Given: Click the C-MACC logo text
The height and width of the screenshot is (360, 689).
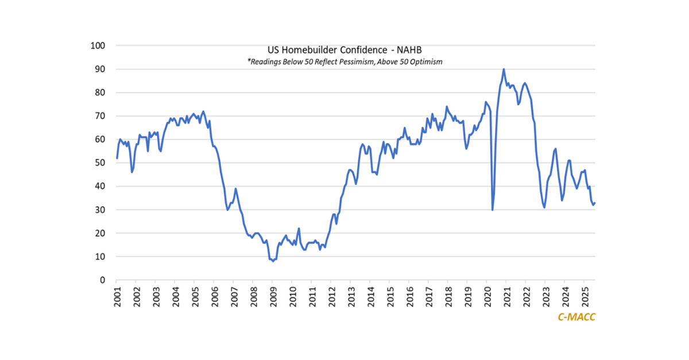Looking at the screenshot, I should tap(576, 316).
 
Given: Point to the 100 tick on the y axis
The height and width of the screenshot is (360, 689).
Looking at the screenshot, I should tap(98, 45).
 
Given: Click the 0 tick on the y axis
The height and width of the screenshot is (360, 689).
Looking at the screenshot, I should tap(103, 280).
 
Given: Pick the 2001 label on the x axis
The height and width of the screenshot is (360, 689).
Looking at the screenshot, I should tap(117, 295).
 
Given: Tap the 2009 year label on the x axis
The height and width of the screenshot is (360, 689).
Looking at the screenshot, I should tap(273, 295).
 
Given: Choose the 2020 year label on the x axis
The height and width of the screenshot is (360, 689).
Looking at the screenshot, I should tap(487, 295).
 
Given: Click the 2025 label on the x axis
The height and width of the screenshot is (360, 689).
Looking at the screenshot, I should tap(584, 295).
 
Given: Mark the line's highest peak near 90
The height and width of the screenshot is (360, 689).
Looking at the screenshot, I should tap(504, 69).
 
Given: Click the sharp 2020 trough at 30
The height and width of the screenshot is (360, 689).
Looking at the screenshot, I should tap(493, 210).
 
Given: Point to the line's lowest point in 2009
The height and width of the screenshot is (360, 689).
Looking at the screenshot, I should tap(273, 261).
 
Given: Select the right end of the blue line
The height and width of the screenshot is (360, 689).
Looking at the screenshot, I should tap(595, 203).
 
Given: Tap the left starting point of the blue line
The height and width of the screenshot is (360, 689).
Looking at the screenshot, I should tap(117, 158).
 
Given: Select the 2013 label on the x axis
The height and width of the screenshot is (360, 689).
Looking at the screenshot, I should tap(351, 295).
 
